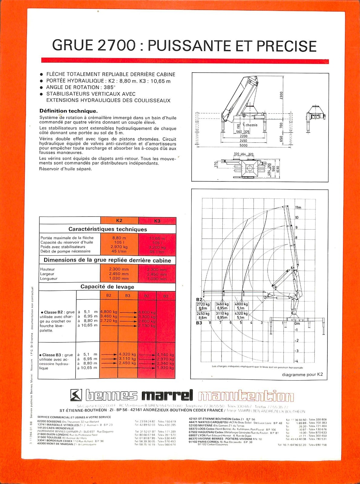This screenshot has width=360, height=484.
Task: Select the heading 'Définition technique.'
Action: pos(69,111)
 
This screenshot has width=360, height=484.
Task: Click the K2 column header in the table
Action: pos(119,221)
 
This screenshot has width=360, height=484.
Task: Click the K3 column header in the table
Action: pos(157,221)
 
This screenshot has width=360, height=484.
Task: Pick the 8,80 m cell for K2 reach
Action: pos(119,238)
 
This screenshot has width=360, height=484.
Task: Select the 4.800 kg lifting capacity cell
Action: pos(109,312)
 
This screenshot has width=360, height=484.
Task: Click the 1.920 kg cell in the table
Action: pos(165,368)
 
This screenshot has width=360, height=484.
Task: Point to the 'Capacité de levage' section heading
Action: pos(107,287)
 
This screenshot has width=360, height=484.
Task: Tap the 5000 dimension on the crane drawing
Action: pos(243,145)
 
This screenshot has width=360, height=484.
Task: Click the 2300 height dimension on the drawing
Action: pos(281,96)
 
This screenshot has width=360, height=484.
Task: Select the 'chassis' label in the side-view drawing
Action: pos(251,125)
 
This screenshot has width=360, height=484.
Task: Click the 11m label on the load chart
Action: pos(298,208)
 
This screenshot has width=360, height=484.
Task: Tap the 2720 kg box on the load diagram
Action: pos(203,304)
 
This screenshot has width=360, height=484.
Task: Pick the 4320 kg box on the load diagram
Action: pos(241,314)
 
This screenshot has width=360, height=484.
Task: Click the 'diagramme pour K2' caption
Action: pos(302,374)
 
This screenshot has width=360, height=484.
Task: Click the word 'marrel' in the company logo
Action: pos(167,395)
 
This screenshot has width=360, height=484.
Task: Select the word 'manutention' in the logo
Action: pos(246,396)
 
